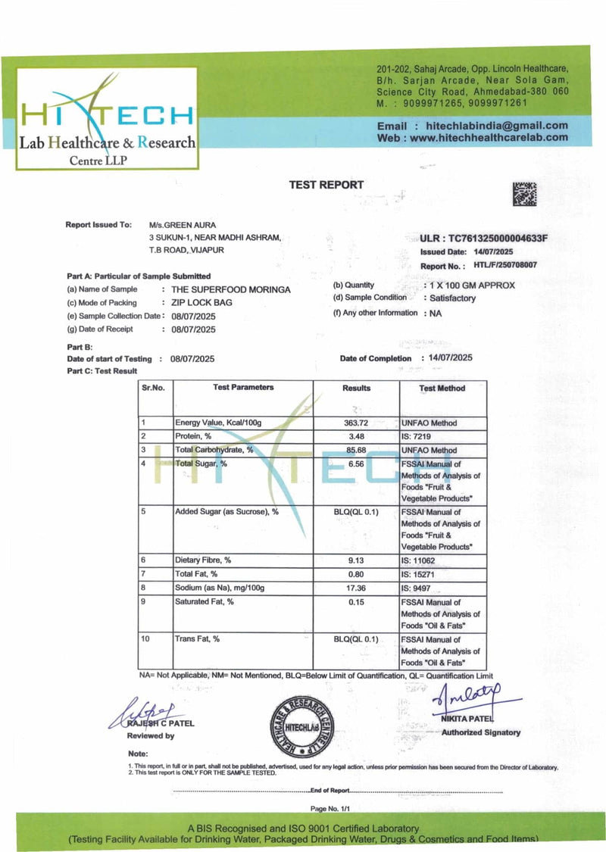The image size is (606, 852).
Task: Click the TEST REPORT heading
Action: (x=326, y=185)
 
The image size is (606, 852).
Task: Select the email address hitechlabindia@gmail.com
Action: (x=497, y=126)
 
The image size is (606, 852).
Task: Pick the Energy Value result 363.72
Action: (x=356, y=423)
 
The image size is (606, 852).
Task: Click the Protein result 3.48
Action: (x=356, y=436)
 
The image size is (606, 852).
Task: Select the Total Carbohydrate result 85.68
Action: (x=356, y=450)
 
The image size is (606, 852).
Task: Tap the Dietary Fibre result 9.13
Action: (x=356, y=560)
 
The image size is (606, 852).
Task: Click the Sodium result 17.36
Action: (x=356, y=588)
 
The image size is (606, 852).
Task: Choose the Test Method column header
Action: (x=442, y=388)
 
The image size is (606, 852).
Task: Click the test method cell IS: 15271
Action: (x=429, y=574)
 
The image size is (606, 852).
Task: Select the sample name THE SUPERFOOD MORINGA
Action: (x=231, y=289)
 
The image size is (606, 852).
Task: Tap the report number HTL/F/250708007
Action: (x=505, y=265)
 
